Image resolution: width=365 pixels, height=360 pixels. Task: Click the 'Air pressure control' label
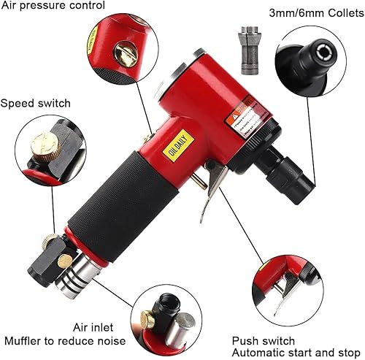click(53, 7)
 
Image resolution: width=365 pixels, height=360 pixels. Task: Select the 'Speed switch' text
click(36, 103)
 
